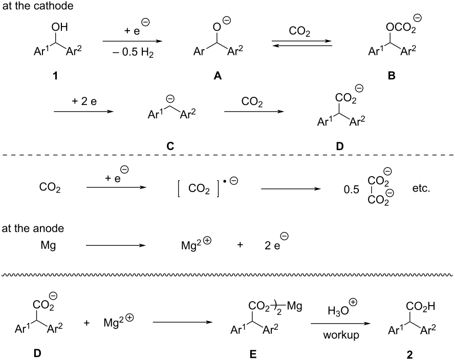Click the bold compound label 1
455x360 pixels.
coord(55,76)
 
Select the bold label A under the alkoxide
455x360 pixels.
coord(218,76)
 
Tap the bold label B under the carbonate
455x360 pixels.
coord(391,76)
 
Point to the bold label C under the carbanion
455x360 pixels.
coord(170,146)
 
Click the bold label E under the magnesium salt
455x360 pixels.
coord(253,354)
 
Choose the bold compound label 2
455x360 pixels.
coord(409,354)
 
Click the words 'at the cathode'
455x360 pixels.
coord(38,6)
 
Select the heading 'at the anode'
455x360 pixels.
coord(33,228)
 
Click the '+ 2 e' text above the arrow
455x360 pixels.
coord(84,101)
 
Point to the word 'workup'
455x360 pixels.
coord(341,335)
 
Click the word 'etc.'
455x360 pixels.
coord(421,189)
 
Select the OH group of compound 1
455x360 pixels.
coord(59,27)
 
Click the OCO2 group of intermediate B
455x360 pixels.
coord(400,28)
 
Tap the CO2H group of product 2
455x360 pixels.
coord(421,306)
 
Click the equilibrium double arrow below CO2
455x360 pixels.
coord(302,43)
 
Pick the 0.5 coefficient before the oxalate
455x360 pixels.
coord(352,189)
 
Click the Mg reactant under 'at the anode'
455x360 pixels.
coord(48,246)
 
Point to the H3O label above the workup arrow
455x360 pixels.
coord(338,311)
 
